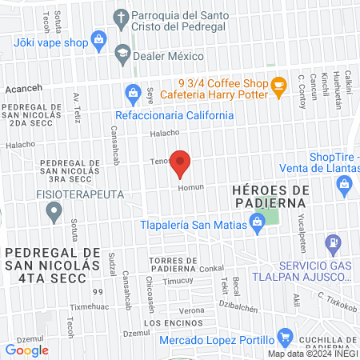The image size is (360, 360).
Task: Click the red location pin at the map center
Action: (180, 163)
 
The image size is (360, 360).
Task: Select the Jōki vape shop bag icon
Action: (98, 38)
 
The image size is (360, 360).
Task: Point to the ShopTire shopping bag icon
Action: (345, 186)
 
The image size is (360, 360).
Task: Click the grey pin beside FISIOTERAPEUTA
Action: (54, 213)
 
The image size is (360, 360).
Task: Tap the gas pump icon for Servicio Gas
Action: (332, 242)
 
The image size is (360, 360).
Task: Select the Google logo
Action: (27, 350)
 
